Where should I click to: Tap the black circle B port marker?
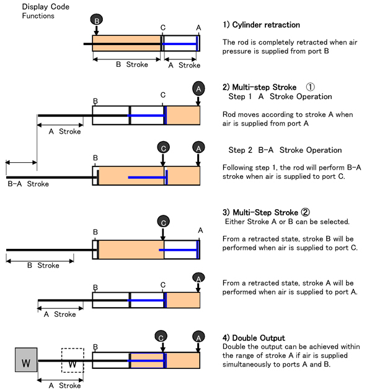[x=97, y=20]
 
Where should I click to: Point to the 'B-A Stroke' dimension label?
[x=28, y=183]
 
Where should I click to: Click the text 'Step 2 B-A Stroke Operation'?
[x=285, y=150]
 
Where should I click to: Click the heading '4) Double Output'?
[x=254, y=338]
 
